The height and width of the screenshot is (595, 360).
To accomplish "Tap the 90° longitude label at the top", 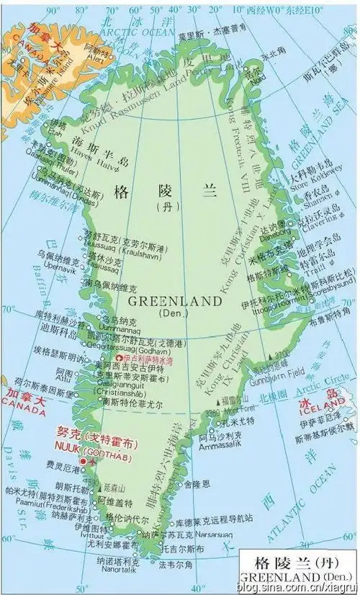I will (52, 10).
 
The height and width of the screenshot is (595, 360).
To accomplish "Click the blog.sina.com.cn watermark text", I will (303, 588).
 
